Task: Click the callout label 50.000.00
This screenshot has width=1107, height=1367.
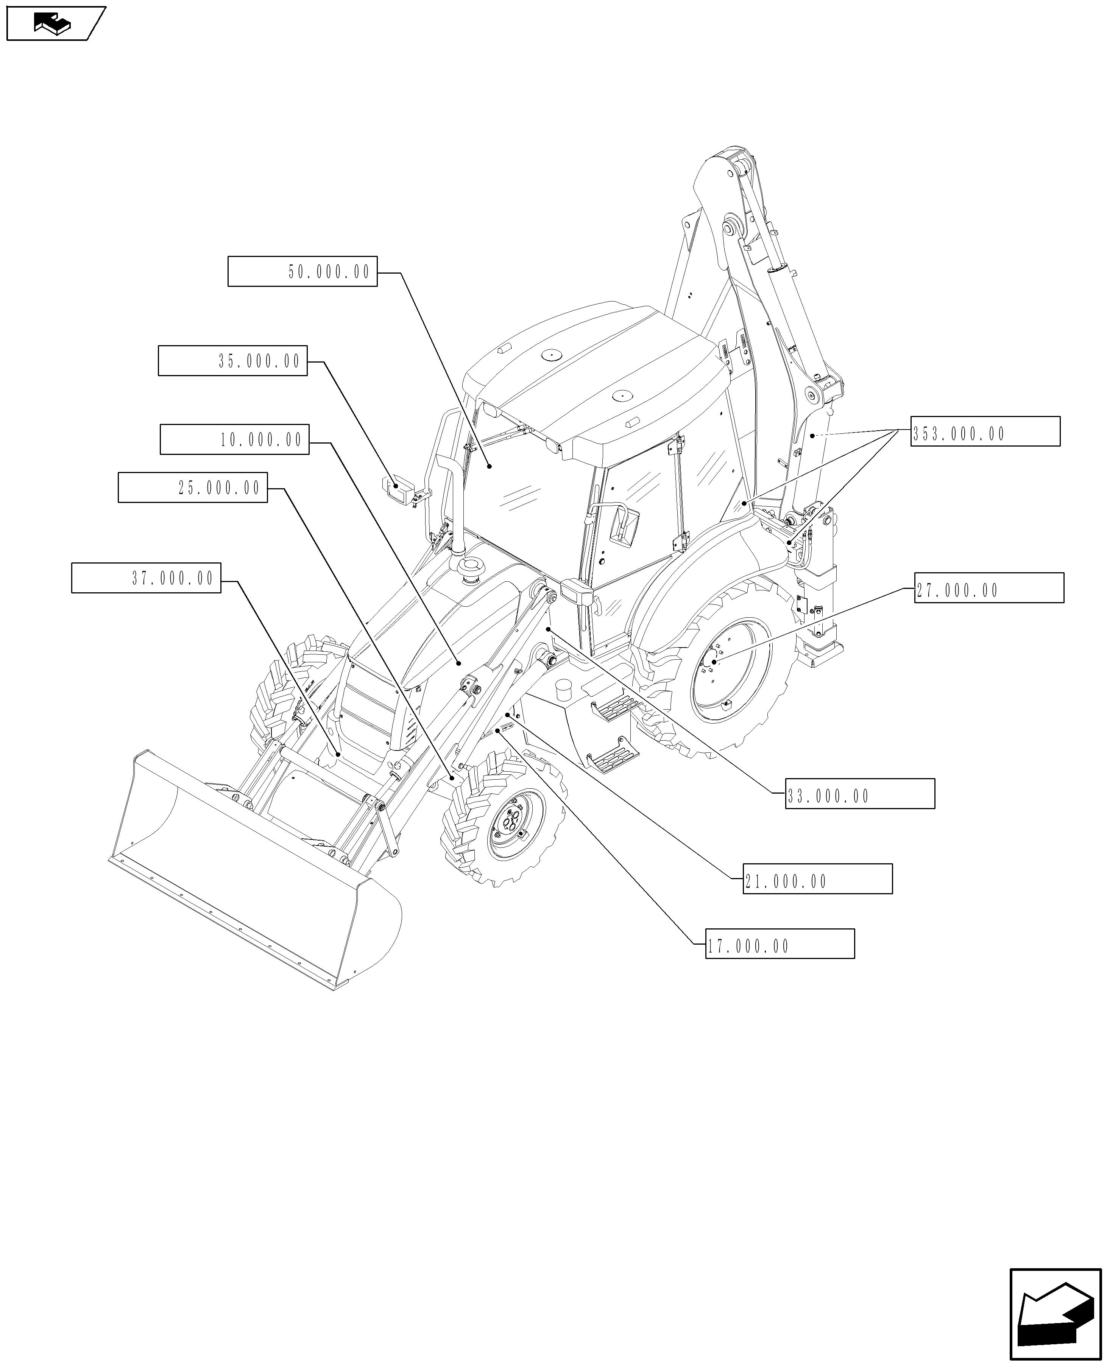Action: tap(302, 271)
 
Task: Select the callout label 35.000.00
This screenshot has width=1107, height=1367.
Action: tap(233, 361)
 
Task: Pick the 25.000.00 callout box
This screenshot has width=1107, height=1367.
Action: tap(193, 487)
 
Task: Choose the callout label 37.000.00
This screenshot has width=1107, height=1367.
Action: tap(146, 578)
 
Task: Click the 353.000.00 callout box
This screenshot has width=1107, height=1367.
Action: tap(985, 431)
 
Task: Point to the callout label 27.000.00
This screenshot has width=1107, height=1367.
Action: tap(989, 588)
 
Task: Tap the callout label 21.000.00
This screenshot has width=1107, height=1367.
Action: tap(817, 879)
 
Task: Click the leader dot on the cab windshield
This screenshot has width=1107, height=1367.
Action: tap(489, 467)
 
